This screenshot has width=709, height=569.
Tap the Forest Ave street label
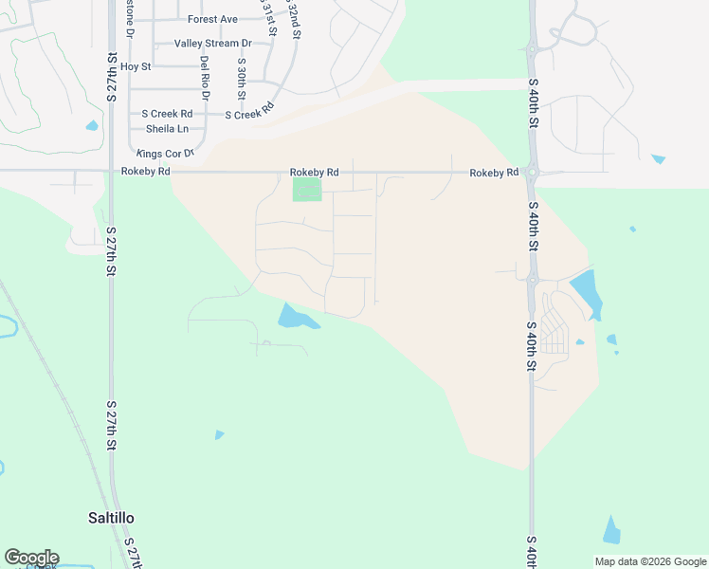(x=212, y=19)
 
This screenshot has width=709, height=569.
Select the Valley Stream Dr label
(x=213, y=44)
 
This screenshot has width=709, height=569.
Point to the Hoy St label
(x=136, y=66)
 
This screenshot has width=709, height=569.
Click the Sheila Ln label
(x=167, y=129)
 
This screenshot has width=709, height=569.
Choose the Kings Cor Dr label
(x=165, y=153)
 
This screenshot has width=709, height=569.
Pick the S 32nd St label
(x=295, y=19)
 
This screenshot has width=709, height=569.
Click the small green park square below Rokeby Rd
(x=307, y=190)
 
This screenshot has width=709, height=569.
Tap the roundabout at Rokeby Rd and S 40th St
(x=532, y=173)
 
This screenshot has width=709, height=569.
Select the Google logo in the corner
(x=31, y=558)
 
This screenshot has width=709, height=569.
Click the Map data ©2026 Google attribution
(x=649, y=561)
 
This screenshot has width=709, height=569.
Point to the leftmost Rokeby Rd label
(x=146, y=172)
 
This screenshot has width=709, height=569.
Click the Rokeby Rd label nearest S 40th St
(x=494, y=173)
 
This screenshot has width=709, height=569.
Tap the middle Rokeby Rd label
(x=314, y=172)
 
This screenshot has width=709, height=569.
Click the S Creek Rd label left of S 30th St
(x=167, y=114)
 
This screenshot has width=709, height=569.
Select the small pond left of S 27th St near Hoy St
(x=92, y=125)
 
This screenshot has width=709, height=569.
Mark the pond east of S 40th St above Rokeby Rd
(x=658, y=158)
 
